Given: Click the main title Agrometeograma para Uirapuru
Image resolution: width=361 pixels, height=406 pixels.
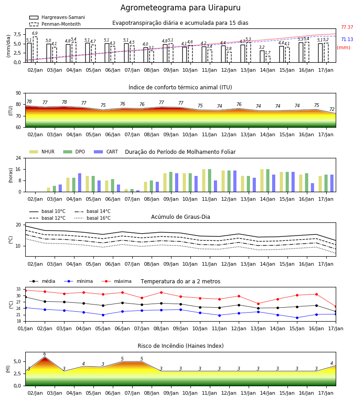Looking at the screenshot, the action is (x=180, y=8).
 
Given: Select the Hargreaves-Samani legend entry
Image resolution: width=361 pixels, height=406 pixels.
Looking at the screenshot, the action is (x=57, y=17).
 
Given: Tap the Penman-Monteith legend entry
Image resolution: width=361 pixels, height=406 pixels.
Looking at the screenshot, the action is (x=55, y=24).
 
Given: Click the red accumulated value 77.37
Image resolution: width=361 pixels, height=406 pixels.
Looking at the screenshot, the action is (x=347, y=27).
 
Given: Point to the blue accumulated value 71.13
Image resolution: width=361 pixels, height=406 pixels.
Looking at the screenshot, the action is (x=347, y=39).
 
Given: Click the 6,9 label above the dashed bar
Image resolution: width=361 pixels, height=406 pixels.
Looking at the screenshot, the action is (x=35, y=33).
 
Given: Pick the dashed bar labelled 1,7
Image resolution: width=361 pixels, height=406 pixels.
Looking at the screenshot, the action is (x=268, y=59).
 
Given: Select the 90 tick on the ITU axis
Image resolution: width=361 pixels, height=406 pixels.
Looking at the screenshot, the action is (x=19, y=93).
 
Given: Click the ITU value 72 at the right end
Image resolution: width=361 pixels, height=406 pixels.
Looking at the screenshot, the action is (x=332, y=110).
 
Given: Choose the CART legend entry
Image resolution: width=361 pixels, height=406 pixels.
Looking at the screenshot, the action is (x=106, y=152).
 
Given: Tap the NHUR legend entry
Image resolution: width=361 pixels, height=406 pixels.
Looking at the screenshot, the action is (x=42, y=152).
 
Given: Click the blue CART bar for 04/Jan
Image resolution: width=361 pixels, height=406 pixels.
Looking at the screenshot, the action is (x=79, y=183).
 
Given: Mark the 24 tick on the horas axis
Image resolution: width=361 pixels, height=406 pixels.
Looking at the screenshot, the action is (x=19, y=158).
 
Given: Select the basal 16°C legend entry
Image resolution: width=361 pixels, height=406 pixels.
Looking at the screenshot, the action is (x=93, y=218).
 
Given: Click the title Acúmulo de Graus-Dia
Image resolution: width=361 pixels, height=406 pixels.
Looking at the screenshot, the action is (x=180, y=217).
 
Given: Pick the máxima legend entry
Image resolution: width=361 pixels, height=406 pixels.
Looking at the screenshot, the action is (x=117, y=281).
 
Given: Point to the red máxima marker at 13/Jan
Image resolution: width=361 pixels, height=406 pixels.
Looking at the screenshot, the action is (x=258, y=304).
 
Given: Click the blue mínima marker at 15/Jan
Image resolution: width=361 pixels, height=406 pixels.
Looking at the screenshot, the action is (x=297, y=318).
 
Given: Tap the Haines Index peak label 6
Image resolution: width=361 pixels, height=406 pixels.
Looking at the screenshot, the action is (x=45, y=354).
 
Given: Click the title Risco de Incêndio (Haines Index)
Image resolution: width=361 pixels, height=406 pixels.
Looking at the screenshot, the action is (x=180, y=346).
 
